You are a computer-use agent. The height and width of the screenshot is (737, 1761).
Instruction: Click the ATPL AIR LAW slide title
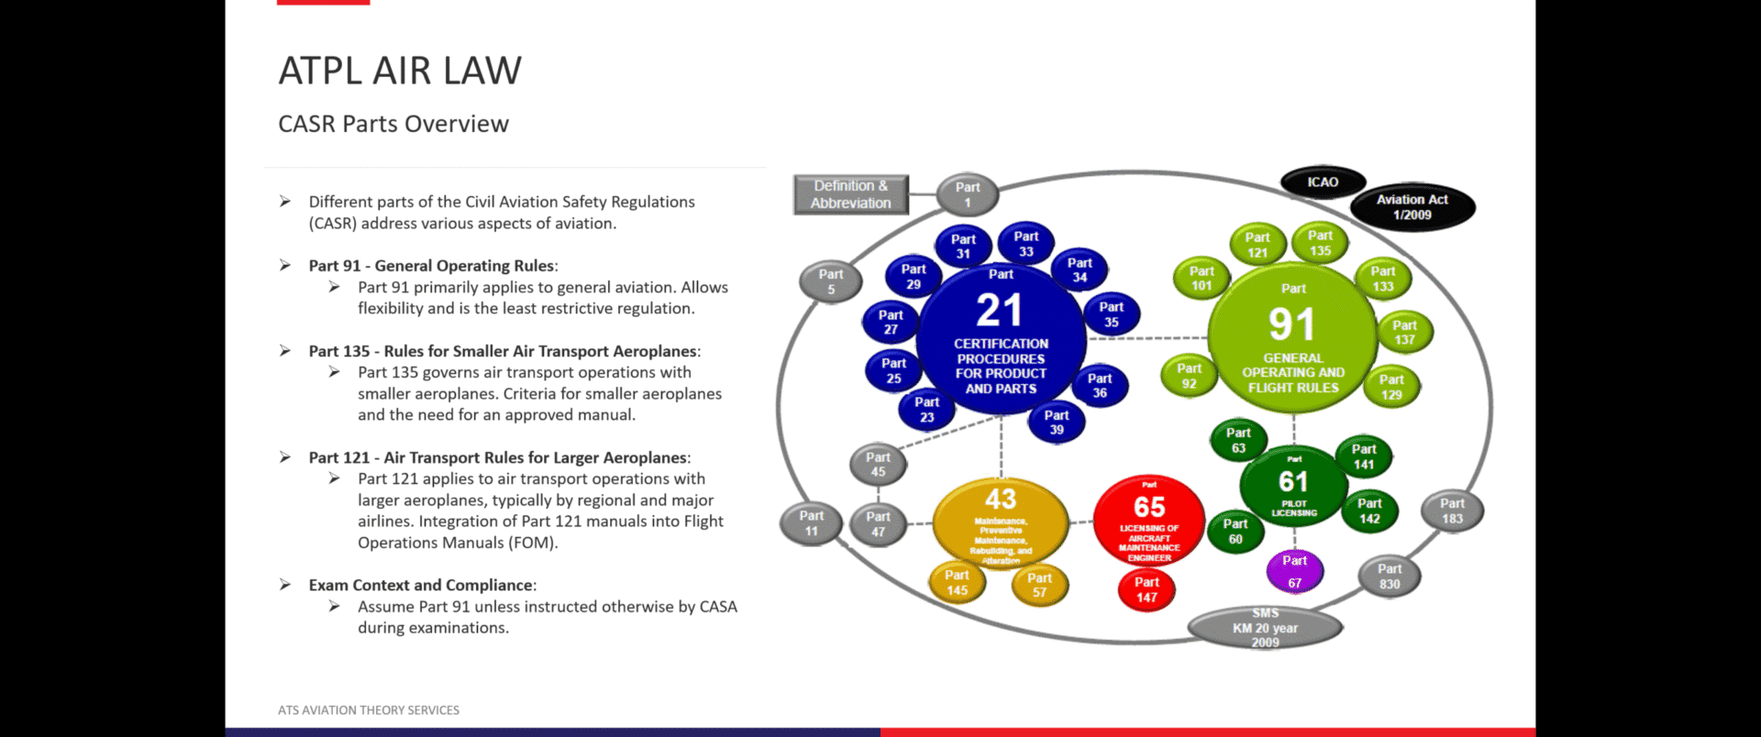[x=400, y=71]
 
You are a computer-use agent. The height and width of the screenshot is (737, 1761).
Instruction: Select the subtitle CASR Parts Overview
[x=393, y=124]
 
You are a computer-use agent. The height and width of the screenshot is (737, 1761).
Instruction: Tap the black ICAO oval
[x=1323, y=182]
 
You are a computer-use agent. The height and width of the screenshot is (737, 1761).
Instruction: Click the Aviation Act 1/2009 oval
[x=1412, y=207]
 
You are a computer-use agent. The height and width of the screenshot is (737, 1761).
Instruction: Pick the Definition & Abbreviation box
[x=850, y=194]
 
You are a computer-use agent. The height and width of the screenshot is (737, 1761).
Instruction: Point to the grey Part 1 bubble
[x=967, y=194]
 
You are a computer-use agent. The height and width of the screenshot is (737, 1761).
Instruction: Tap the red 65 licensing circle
[x=1149, y=522]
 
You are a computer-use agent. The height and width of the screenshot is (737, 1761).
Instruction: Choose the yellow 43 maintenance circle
[x=1001, y=522]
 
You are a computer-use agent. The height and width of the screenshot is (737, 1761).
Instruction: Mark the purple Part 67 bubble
[x=1294, y=571]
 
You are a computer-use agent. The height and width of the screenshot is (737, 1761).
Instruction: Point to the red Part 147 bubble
[x=1146, y=589]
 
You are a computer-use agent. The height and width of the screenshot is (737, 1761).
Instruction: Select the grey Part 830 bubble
[x=1389, y=577]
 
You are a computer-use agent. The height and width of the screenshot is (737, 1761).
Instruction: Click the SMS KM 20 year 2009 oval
[x=1265, y=628]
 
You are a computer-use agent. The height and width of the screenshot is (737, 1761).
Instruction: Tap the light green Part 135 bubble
[x=1320, y=243]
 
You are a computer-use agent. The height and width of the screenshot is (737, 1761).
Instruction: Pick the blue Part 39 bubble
[x=1057, y=422]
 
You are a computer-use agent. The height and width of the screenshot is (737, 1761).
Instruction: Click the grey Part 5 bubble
[x=830, y=281]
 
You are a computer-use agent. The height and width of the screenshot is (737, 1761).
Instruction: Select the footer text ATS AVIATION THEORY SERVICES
[x=369, y=710]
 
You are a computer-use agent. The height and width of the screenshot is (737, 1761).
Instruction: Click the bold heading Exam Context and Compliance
[x=421, y=585]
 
